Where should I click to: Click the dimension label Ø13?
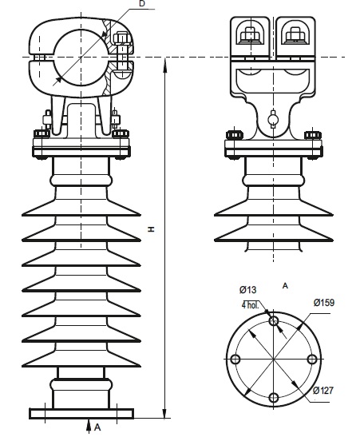pos(248,289)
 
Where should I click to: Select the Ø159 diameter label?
pos(324,303)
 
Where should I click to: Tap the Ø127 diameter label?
pos(323,391)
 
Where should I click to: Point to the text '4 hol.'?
pos(250,305)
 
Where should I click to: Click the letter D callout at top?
pos(142,4)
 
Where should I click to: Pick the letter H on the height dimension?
pos(152,229)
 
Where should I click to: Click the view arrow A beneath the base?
pos(89,427)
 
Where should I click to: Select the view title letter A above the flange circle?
pos(285,286)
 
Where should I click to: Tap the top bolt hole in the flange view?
pos(274,320)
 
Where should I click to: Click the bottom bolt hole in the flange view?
pos(274,398)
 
